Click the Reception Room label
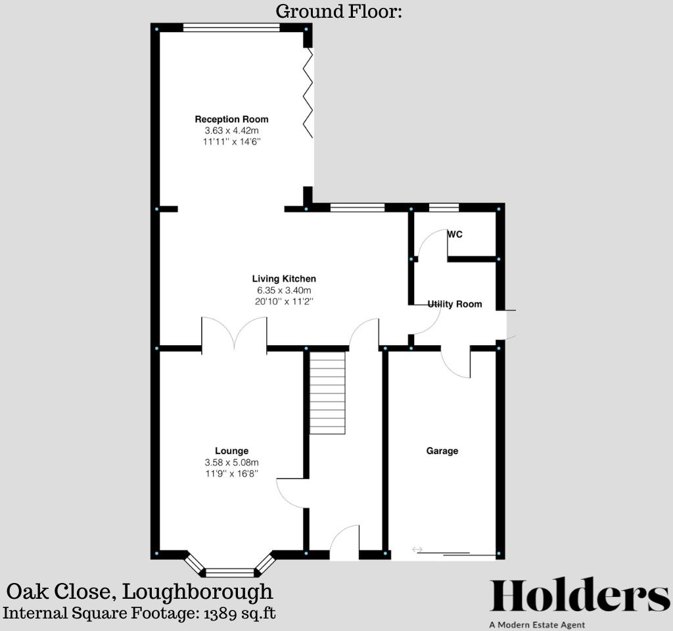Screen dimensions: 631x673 pos(231,119)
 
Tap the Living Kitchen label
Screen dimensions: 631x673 pos(284,279)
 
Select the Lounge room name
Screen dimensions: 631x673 pos(231,451)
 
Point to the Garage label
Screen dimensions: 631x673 pos(442,451)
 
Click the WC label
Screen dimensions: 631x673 pos(455,234)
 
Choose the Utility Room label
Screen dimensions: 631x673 pos(455,304)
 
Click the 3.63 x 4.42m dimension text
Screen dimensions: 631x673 pos(231,131)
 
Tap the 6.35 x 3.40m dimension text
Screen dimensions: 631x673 pos(284,291)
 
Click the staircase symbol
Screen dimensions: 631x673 pos(327,392)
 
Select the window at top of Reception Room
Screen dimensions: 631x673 pos(231,28)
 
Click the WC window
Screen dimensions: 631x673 pos(444,208)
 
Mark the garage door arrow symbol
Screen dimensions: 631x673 pos(417,549)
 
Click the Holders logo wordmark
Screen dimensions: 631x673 pos(580,596)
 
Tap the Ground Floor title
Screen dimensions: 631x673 pos(338,11)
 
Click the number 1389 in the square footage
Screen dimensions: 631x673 pos(221,613)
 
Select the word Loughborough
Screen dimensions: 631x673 pos(198,591)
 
